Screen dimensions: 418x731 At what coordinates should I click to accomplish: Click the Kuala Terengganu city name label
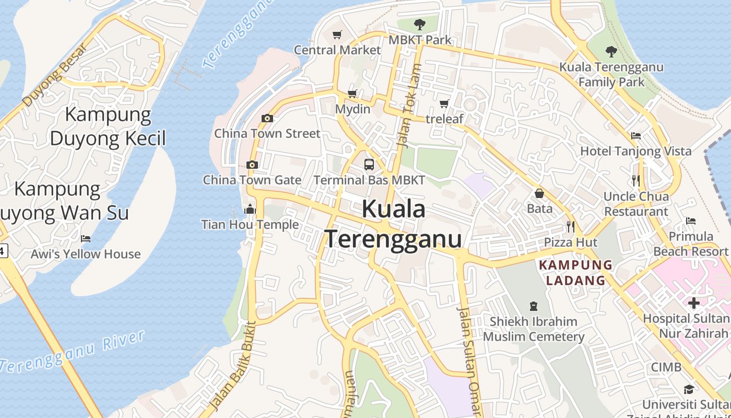tap(394, 224)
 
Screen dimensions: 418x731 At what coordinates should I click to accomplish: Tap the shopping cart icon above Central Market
tap(337, 35)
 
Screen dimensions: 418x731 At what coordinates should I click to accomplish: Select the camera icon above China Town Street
tap(267, 119)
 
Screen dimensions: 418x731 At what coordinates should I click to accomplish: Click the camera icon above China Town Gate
tap(252, 165)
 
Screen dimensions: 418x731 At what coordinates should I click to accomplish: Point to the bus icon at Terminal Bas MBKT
tap(369, 165)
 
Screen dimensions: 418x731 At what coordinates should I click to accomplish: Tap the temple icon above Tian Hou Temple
tap(250, 210)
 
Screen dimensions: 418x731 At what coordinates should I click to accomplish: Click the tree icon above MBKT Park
tap(419, 24)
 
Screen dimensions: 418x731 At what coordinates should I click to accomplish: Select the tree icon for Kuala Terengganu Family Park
tap(611, 52)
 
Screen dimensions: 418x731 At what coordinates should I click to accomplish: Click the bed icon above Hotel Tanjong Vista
tap(636, 136)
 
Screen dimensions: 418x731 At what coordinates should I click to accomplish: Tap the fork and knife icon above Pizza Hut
tap(571, 227)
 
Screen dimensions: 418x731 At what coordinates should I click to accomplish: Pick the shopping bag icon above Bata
tap(539, 193)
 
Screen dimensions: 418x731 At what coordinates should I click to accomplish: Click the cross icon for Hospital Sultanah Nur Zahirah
tap(693, 303)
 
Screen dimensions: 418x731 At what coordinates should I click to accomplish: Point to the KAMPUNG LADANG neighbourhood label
tap(575, 273)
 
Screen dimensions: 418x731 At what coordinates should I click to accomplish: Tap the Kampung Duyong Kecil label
tap(108, 126)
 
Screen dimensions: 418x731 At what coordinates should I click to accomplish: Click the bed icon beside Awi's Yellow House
tap(86, 239)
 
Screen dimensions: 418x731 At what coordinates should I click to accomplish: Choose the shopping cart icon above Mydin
tap(352, 94)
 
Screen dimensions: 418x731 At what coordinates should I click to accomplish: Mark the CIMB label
tap(666, 367)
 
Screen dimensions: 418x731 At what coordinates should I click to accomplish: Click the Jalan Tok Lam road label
tap(409, 104)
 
